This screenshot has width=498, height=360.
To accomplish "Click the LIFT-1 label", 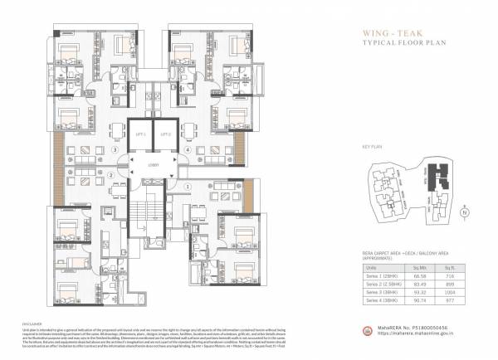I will pos(140,134).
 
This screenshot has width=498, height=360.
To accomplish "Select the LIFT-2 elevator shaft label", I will pos(166,134).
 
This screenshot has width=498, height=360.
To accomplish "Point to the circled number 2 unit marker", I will pos(111,175).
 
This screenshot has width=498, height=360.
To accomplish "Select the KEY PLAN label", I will pos(370,145).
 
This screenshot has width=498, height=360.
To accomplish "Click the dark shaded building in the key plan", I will pos(432,176).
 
